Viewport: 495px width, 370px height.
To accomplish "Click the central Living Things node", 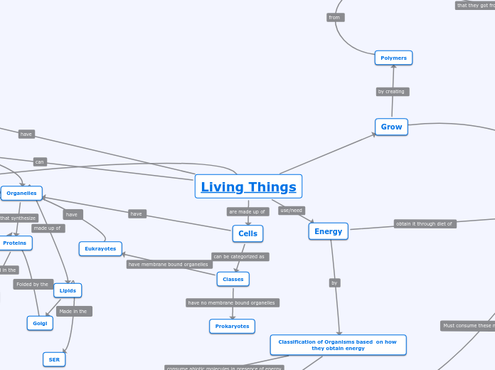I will point(248,187).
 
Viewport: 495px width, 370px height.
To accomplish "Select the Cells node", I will point(247,233).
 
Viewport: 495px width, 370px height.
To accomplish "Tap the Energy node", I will point(328,231).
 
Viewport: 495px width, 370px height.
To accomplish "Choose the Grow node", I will point(391,127).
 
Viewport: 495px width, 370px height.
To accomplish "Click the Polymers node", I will point(393,58).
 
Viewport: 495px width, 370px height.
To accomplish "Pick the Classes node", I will point(233,279).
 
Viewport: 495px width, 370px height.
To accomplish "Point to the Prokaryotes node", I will point(232,326).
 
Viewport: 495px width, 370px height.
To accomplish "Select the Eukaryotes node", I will point(100,248).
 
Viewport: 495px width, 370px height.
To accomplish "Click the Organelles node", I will point(21,193).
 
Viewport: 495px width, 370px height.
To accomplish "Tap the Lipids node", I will point(68,290).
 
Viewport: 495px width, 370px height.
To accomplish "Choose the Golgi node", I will point(40,323).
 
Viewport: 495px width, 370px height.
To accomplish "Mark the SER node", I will point(54,359).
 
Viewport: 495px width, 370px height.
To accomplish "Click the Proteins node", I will point(15,243).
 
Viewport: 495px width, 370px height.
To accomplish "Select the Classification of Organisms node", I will point(338,345).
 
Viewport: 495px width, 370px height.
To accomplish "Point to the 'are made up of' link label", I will point(247,211).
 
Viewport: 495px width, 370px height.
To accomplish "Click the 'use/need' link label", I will point(292,211).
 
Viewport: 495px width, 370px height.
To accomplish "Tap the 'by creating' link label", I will point(392,92).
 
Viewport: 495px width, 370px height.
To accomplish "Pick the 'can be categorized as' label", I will point(239,256).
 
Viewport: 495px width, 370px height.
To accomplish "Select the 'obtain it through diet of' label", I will point(425,223).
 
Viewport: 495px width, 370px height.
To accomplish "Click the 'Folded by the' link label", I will point(33,284).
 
